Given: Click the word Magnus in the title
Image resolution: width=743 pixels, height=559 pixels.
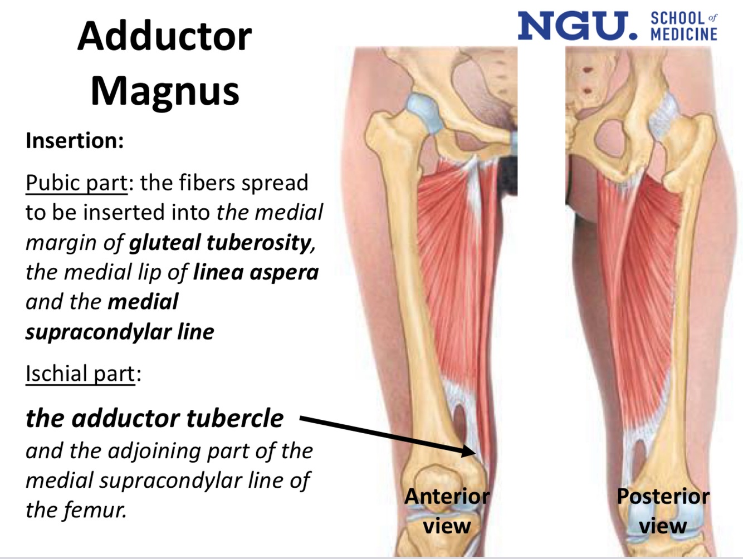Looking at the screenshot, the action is coord(165,90).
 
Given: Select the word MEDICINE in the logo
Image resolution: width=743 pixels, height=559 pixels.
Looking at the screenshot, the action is coord(684,35).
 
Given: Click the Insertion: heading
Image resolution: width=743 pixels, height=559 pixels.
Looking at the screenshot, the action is coord(75,140).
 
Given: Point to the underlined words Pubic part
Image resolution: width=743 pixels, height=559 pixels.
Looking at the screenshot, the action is coord(76,183).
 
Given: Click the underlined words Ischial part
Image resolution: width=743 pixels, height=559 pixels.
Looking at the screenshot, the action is coord(80,374).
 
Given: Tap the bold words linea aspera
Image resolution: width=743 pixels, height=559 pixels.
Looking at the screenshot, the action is coord(256,272).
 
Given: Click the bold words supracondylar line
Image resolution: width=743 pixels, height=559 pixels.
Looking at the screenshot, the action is coord(120,332).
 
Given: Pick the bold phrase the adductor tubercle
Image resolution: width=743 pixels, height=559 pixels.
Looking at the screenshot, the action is coord(154,418).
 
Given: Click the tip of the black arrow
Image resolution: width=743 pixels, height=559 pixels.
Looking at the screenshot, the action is coord(474,453).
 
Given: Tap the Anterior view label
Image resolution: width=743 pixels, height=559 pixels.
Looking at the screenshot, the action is coord(447,511).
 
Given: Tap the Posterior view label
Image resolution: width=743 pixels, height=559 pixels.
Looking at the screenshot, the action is coord(663,511).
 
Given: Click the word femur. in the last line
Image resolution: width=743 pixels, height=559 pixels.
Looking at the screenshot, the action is coord(94,509).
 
